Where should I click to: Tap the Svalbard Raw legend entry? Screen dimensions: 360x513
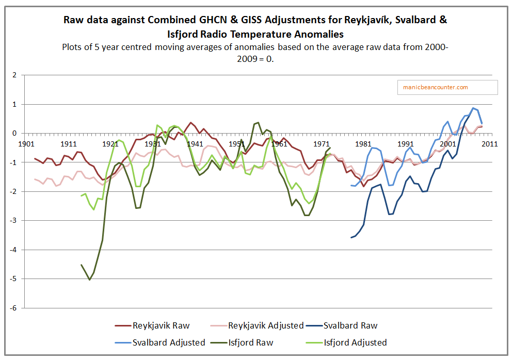click(350, 325)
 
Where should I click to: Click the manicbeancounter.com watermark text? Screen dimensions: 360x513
click(436, 87)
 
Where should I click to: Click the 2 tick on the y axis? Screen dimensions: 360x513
click(14, 75)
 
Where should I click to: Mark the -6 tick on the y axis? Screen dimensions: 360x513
click(13, 308)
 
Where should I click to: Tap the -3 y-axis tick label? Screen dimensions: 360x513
click(13, 221)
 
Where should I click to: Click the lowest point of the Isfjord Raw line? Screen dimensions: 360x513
click(90, 280)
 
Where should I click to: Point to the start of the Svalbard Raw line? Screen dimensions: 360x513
click(351, 237)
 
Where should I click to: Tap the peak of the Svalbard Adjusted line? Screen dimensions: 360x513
click(473, 108)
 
